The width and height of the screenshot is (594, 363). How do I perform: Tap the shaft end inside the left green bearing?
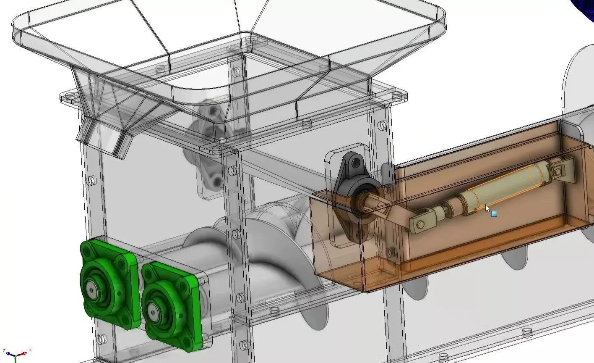pos(91,290)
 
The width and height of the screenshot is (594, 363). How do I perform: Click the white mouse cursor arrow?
pos(487,208)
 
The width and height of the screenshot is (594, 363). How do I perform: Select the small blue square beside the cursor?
pos(494,214)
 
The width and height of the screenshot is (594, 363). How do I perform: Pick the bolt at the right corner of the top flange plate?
pos(396,96)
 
